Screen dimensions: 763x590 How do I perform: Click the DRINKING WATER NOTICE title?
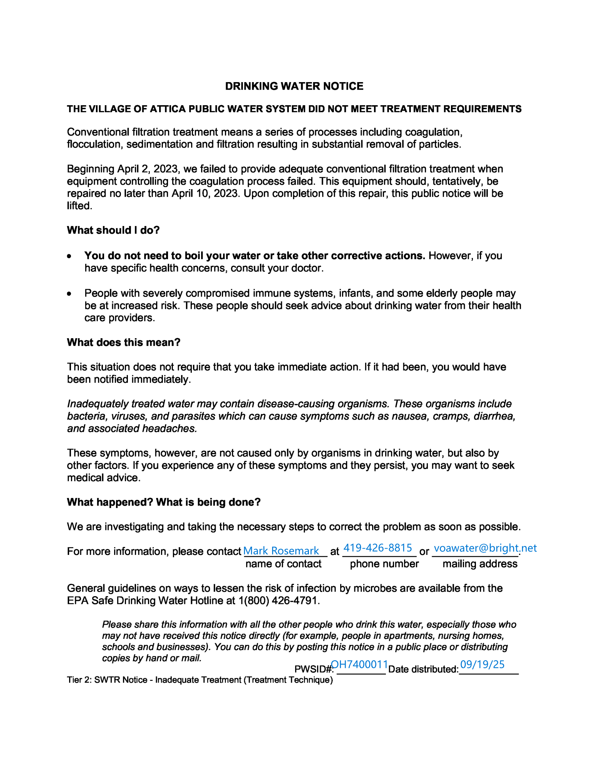tap(294, 86)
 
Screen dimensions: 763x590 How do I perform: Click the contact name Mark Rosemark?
tap(281, 550)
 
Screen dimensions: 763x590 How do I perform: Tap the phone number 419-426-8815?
tap(378, 547)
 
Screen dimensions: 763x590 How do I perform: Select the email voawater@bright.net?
tap(485, 548)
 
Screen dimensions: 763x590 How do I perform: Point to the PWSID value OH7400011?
tap(360, 664)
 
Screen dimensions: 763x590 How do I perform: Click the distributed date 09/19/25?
tap(482, 664)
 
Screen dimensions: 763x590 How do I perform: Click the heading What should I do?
tap(113, 230)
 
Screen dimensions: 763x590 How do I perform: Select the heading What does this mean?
tap(123, 342)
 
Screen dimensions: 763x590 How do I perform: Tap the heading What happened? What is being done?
tap(164, 502)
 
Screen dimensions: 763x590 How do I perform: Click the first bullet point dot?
tap(69, 256)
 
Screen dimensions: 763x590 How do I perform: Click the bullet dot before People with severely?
tap(69, 294)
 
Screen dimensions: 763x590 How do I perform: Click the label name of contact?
tap(283, 564)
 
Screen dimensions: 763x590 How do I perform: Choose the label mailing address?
tap(480, 564)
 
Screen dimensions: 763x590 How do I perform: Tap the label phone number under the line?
tap(384, 564)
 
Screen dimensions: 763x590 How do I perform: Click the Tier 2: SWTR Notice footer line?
tap(200, 680)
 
